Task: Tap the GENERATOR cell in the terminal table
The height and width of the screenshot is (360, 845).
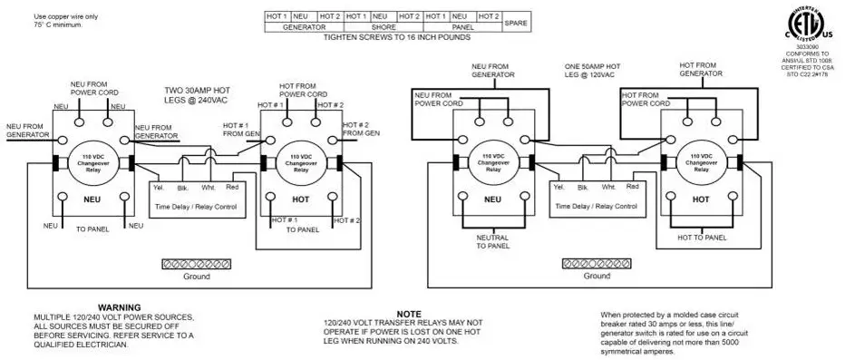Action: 304,27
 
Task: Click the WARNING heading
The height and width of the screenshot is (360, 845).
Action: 119,308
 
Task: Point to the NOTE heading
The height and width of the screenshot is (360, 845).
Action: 410,314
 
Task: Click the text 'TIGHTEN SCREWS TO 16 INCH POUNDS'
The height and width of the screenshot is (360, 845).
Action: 396,37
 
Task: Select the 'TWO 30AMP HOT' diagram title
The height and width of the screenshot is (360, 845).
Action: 198,92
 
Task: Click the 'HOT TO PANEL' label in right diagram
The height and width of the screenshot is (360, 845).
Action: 702,238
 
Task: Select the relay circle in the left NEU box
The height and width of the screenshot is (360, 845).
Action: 93,162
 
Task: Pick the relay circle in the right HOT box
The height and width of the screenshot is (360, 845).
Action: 702,163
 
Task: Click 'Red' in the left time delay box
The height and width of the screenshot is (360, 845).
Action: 232,186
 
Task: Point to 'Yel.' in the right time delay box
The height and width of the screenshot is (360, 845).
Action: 558,186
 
